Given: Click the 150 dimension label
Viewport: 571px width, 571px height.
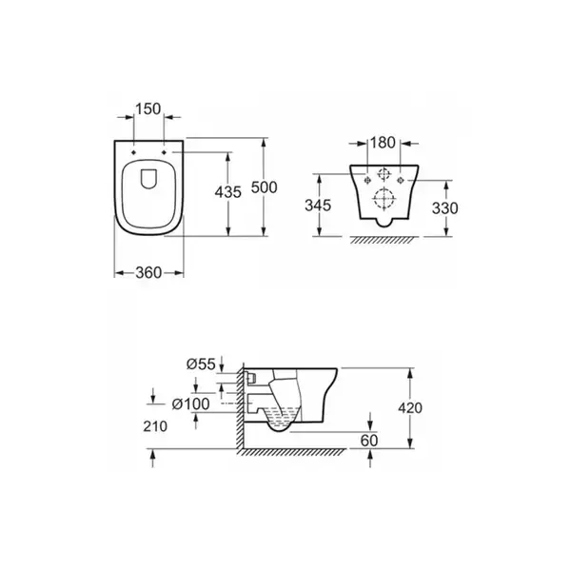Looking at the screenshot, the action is [x=148, y=108].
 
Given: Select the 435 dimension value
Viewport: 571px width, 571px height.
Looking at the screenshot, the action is [x=228, y=192].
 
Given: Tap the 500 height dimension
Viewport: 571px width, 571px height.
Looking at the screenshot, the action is [x=265, y=187].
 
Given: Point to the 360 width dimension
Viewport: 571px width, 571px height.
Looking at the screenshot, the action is [x=148, y=273].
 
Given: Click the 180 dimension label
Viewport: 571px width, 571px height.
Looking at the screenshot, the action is [x=383, y=143].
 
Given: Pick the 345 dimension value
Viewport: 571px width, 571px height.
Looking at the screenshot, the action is [x=318, y=206].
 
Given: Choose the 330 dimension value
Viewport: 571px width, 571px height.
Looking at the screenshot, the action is [x=445, y=208].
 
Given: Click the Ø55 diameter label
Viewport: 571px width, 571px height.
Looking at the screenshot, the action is [x=201, y=364].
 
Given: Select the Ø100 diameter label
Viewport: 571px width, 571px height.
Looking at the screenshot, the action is [x=191, y=404].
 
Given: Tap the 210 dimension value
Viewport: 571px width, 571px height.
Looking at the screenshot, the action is [x=155, y=426].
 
